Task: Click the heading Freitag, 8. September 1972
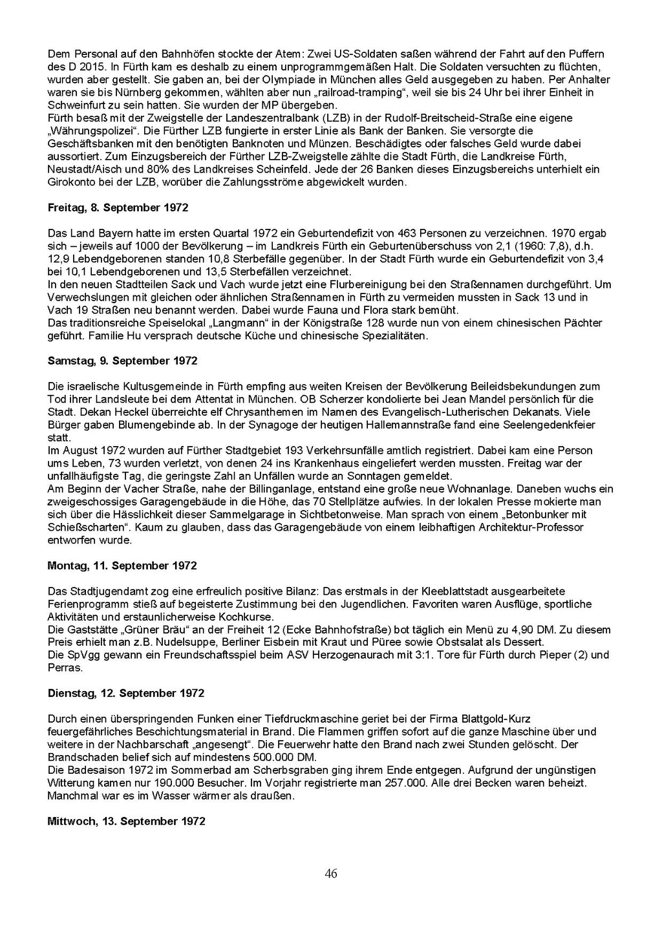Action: (x=118, y=208)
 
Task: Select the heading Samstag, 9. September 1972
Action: (x=122, y=361)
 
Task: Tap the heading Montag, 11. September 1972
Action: (x=122, y=566)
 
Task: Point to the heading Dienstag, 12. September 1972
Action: (x=126, y=694)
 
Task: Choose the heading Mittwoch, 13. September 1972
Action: (x=127, y=822)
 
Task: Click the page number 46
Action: (x=331, y=874)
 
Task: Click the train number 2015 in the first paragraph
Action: (x=83, y=67)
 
